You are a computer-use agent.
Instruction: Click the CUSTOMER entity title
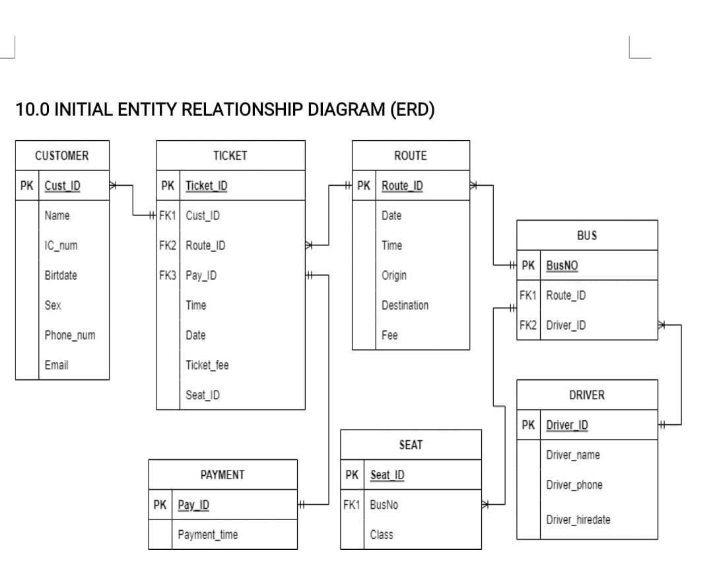61,156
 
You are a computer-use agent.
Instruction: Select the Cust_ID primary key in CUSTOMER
62,186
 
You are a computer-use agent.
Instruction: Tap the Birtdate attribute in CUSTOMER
60,276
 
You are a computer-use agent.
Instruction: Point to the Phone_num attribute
69,335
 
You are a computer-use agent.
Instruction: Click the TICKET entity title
230,156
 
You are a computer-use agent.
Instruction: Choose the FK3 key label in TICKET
168,276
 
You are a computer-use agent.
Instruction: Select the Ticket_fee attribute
207,365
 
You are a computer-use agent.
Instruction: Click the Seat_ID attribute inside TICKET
203,395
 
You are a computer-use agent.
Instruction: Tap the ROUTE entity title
410,156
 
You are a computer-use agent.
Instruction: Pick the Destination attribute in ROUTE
405,305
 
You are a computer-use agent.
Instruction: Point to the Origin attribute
394,276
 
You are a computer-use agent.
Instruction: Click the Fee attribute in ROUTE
390,335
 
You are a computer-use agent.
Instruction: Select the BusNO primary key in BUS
562,266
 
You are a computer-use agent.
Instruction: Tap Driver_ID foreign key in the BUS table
565,325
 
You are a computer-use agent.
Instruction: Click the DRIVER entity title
586,395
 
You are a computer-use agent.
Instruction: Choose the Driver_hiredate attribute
578,519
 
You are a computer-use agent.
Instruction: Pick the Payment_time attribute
207,535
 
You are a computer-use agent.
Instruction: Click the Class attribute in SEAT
382,535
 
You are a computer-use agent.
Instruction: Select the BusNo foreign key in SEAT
384,505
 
